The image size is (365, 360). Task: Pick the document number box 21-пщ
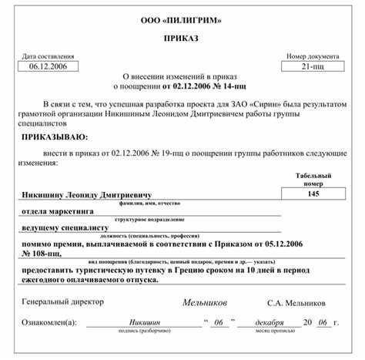coord(313,67)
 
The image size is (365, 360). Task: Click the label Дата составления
coord(49,56)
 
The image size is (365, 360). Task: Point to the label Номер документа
coord(313,56)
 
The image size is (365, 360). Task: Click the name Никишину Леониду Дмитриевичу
coord(86,195)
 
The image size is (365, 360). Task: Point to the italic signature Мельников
coord(205,302)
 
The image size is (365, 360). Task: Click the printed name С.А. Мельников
coord(296,302)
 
